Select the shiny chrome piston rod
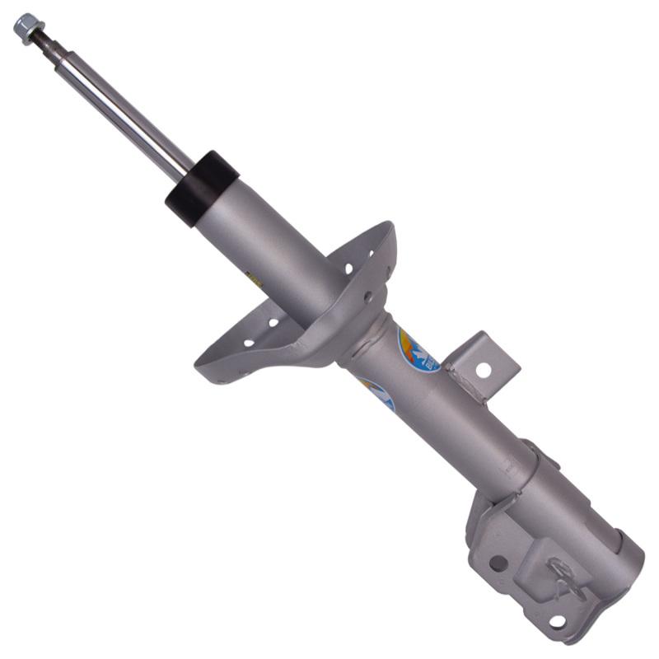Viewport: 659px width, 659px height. click(x=124, y=107)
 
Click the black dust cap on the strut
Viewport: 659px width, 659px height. click(x=201, y=188)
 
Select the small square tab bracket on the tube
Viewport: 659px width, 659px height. click(x=487, y=359)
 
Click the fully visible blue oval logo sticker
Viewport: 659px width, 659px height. click(x=418, y=350)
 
